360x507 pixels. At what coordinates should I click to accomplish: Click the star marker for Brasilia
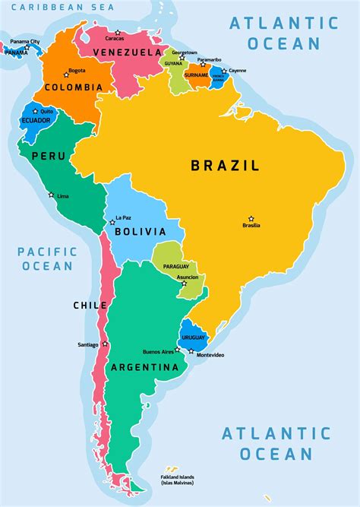coord(251,219)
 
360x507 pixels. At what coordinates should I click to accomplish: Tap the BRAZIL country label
coord(225,165)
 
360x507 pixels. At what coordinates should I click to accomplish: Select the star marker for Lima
coord(52,195)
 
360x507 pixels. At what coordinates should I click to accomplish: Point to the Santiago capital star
coord(105,344)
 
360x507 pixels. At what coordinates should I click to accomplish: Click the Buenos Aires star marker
coord(178,350)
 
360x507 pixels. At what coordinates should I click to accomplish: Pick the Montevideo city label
coord(210,356)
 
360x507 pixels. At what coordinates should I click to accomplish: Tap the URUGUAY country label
coord(194,337)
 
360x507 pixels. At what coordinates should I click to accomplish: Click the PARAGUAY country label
coord(175,266)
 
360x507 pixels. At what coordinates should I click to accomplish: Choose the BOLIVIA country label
coord(141,231)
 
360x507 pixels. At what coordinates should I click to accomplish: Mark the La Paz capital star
coord(112,222)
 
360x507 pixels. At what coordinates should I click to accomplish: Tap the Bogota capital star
coord(66,74)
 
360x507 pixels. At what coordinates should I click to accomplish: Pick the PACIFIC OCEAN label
coord(47,258)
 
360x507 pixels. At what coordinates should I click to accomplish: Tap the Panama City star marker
coord(27,47)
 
